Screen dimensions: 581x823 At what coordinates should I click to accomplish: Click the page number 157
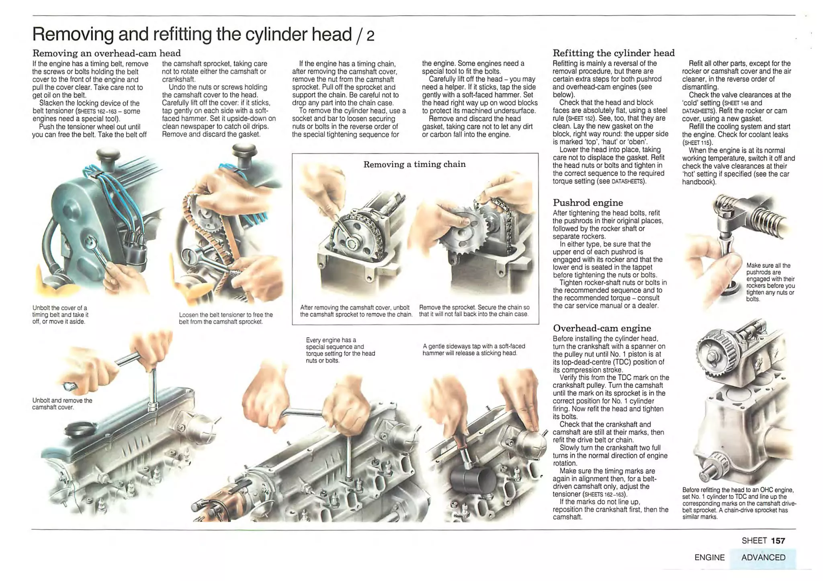coord(778,541)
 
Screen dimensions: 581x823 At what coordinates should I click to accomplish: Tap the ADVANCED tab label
coord(763,557)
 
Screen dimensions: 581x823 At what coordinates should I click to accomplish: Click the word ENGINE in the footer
coord(709,557)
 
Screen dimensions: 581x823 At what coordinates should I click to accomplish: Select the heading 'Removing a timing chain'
coord(414,164)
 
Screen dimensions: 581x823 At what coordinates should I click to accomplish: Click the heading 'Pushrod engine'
coord(588,202)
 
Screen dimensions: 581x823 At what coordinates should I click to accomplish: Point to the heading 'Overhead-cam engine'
coord(602,328)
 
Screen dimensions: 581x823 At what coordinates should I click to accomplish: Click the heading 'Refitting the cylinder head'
coord(613,53)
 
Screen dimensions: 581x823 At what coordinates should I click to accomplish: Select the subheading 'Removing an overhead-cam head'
coord(106,53)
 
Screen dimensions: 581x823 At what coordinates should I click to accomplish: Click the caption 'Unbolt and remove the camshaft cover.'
coord(62,404)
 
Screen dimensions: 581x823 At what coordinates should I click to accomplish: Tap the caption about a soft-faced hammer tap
coord(473,349)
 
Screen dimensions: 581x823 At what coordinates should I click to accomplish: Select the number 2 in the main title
coord(370,36)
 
